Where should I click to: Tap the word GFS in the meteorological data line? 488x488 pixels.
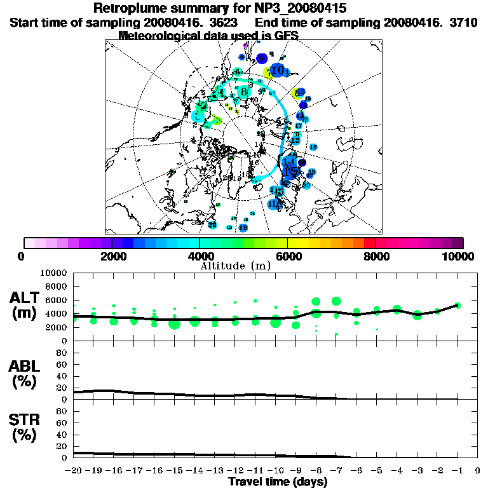point(286,36)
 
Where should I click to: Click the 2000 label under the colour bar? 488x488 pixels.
point(112,257)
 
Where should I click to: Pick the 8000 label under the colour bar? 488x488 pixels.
point(376,257)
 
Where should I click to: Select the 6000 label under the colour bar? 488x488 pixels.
point(287,257)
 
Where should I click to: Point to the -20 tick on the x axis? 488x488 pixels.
point(74,471)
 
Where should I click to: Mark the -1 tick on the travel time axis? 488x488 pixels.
point(457,471)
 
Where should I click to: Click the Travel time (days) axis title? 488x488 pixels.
point(278,482)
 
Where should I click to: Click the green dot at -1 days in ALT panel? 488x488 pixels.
point(457,305)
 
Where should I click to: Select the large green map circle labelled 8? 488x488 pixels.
point(243,91)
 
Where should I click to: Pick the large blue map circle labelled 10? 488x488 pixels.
point(278,70)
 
